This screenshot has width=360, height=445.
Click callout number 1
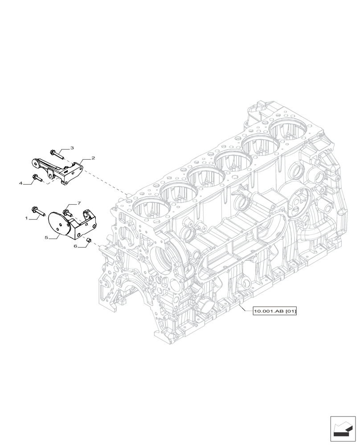(x=27, y=218)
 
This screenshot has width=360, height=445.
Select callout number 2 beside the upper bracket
(x=93, y=158)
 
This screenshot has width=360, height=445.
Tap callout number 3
(x=72, y=148)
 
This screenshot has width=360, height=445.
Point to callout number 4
(x=20, y=183)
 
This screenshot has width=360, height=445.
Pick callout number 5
(x=46, y=238)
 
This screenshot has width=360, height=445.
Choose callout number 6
(x=76, y=246)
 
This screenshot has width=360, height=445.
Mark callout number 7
(x=79, y=203)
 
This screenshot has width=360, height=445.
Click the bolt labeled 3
(x=56, y=154)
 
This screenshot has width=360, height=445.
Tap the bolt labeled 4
(x=37, y=179)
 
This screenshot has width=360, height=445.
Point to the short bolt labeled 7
(x=68, y=213)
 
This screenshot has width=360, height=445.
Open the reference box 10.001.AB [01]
(x=274, y=311)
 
